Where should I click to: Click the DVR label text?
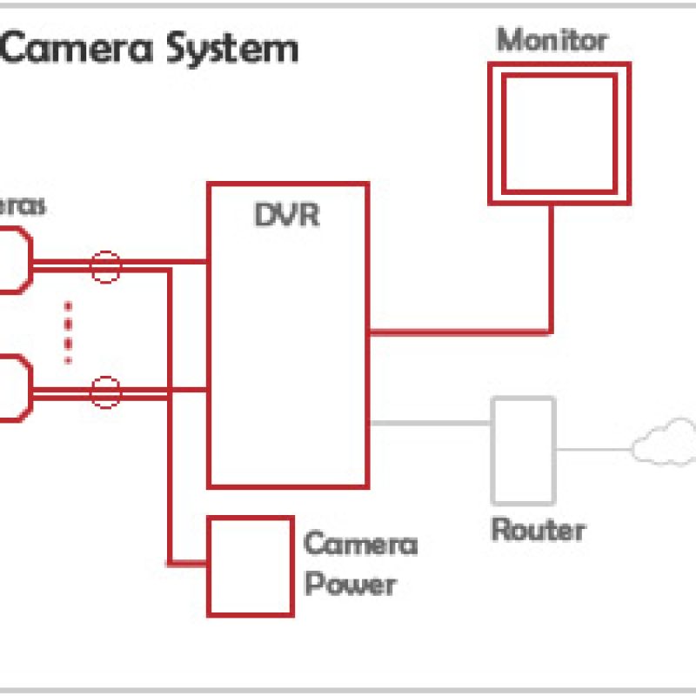[x=286, y=215]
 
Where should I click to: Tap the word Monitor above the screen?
[x=552, y=40]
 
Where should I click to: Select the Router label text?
[x=538, y=529]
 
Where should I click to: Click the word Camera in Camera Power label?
[x=360, y=545]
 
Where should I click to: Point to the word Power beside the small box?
[x=350, y=584]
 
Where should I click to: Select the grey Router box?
[x=523, y=450]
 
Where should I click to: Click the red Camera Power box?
[x=250, y=565]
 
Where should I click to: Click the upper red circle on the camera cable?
[x=106, y=266]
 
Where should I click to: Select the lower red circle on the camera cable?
[x=106, y=392]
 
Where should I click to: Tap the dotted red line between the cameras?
[x=68, y=331]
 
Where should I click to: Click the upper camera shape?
[x=14, y=259]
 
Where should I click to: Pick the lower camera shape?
[x=14, y=388]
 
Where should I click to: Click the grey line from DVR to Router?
[x=431, y=424]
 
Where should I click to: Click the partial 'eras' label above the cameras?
[x=23, y=207]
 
